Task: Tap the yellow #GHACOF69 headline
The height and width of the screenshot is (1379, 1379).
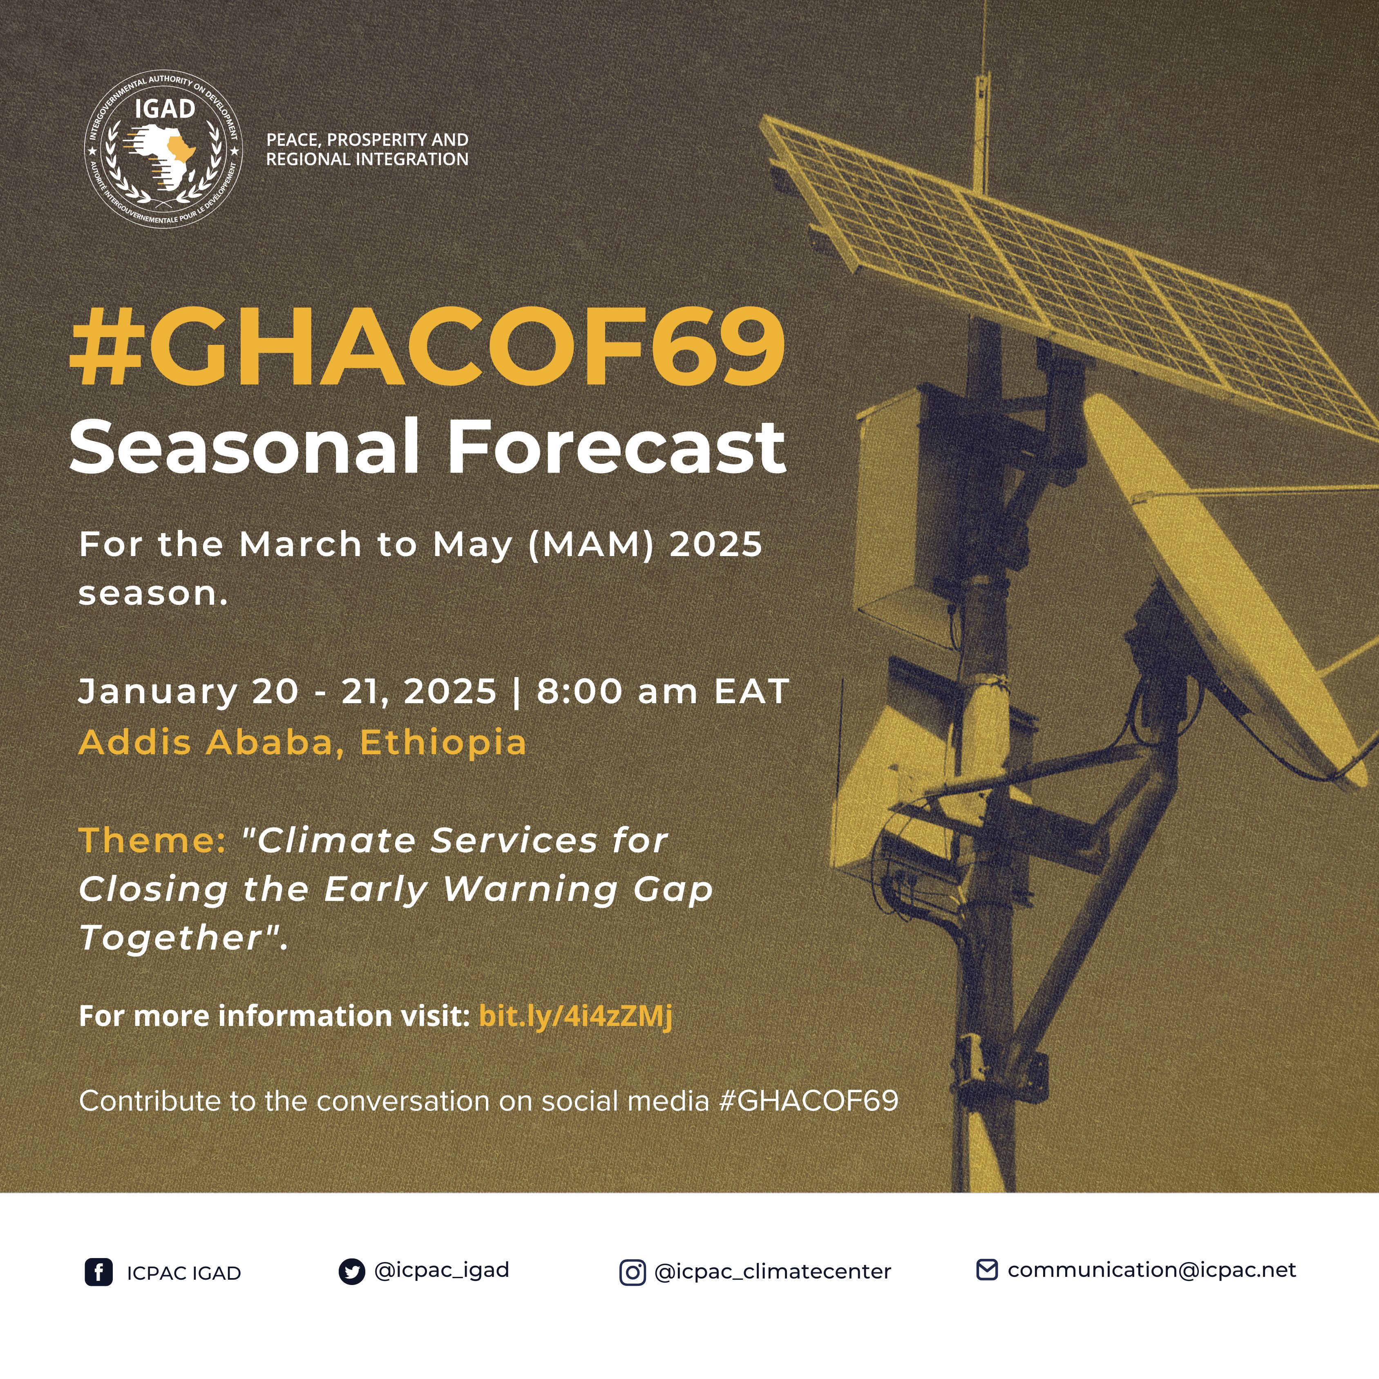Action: point(427,348)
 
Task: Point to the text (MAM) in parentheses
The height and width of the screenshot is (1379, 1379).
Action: point(591,545)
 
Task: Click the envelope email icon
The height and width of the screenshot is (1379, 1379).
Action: point(986,1270)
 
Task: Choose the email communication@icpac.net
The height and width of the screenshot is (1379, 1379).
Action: point(1151,1270)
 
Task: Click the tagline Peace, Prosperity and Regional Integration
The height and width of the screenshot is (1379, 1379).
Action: point(367,149)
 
